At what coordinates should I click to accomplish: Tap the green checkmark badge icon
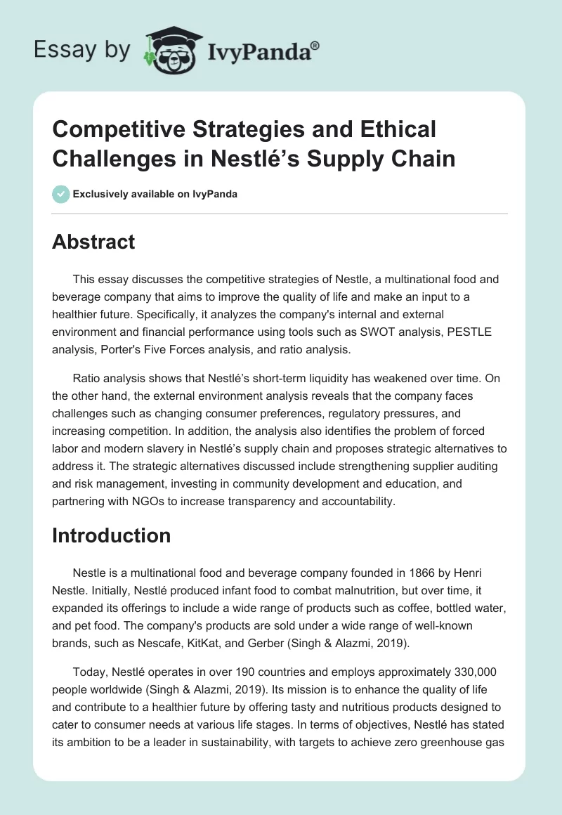61,194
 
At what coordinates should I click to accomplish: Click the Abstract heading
93,242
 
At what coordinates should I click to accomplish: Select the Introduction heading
112,535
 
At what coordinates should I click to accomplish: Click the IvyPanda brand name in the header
263,51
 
